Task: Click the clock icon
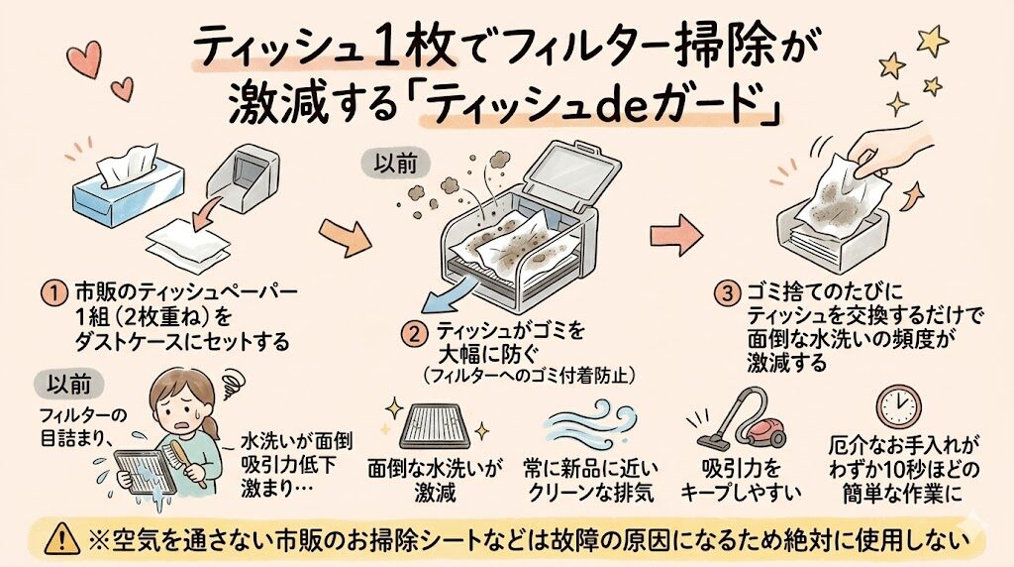897,406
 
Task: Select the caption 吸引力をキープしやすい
741,478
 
